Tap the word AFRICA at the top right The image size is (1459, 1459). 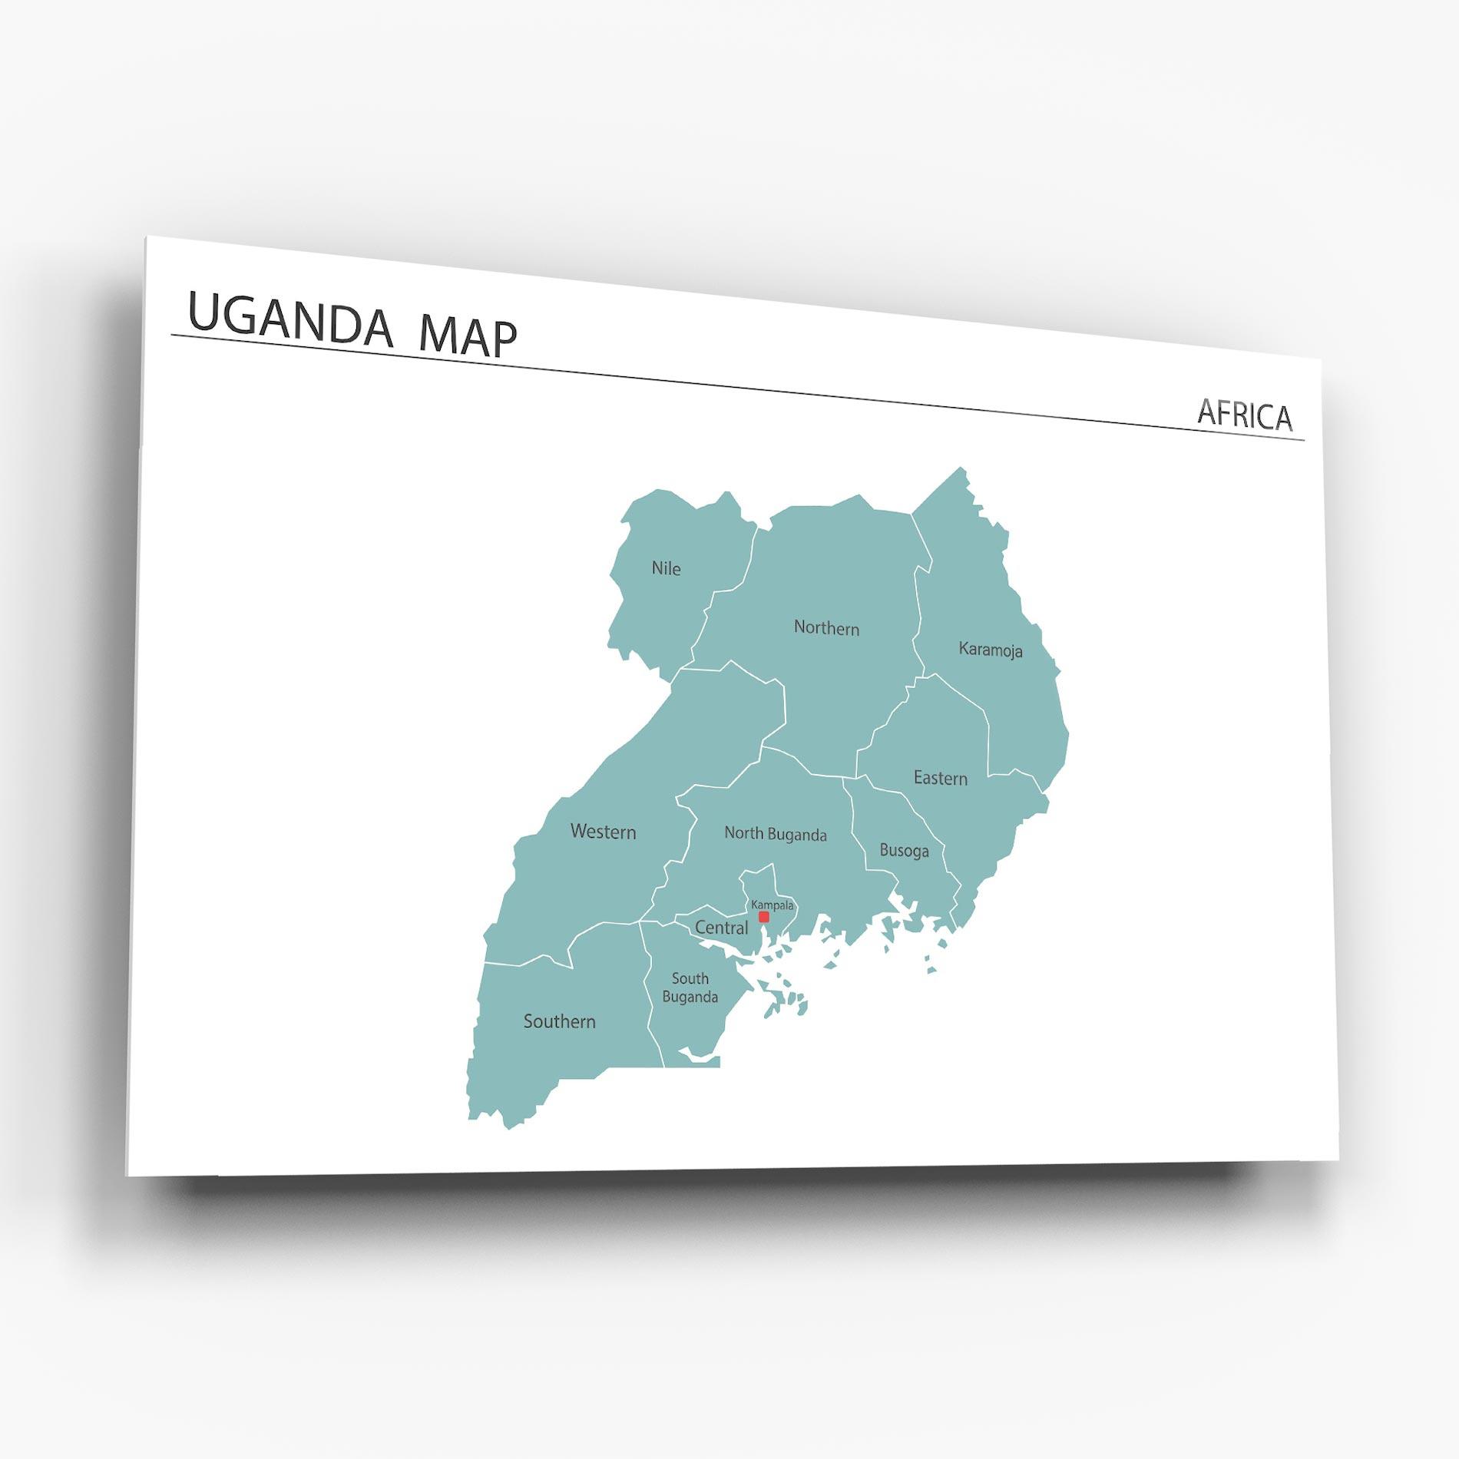point(1245,415)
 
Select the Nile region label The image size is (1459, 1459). point(666,569)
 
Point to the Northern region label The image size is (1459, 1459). point(826,628)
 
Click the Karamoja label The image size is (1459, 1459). point(991,650)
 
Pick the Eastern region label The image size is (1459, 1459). point(940,778)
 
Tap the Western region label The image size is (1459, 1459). point(603,832)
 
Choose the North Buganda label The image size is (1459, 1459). point(776,834)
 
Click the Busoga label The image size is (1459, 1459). point(904,851)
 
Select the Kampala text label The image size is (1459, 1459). point(773,905)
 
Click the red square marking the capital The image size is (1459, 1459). point(763,917)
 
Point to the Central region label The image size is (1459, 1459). point(721,928)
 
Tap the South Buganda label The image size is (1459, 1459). point(690,988)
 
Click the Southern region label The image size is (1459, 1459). point(559,1021)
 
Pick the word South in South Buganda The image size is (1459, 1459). point(690,978)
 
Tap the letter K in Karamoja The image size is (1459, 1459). point(964,648)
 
